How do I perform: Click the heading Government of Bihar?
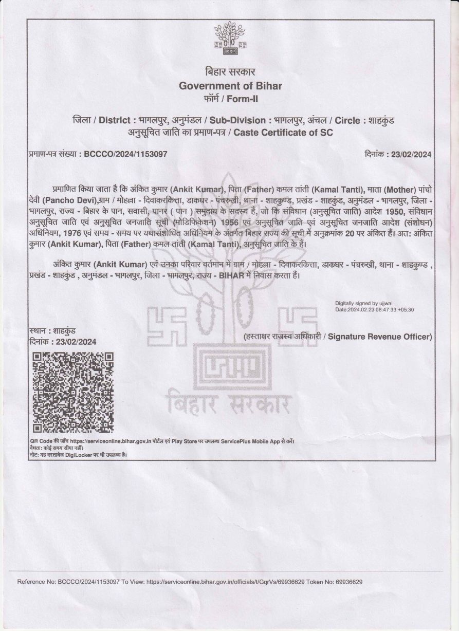tap(229, 85)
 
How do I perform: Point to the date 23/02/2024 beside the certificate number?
tap(411, 154)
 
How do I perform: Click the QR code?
tap(72, 393)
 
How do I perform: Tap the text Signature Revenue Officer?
tap(380, 337)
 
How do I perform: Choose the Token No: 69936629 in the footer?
tap(335, 582)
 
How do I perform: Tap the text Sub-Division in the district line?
tap(239, 121)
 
